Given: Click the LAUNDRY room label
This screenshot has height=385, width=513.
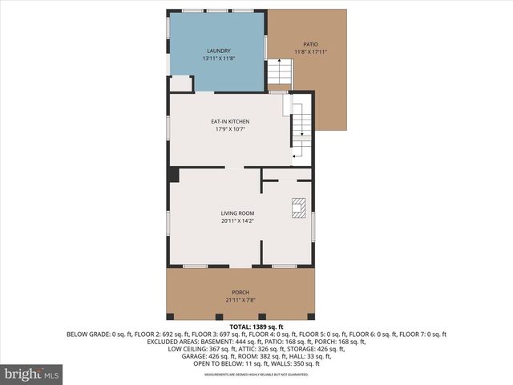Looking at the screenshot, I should [216, 51].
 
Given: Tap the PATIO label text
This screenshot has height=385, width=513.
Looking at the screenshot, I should [310, 44].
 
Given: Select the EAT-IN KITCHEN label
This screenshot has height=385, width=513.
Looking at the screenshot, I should [230, 121].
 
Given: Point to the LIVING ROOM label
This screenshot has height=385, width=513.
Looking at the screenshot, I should [238, 213].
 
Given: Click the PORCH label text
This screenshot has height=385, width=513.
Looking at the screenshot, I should [240, 292].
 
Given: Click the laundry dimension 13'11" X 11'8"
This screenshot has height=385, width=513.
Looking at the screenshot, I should [216, 59].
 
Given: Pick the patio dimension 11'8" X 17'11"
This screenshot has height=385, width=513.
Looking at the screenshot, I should [310, 52].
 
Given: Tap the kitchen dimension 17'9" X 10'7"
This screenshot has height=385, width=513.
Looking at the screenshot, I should [230, 129].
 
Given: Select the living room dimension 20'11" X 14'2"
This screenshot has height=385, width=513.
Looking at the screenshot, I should [238, 221].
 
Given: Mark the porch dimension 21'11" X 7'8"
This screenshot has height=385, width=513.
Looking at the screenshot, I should [240, 300].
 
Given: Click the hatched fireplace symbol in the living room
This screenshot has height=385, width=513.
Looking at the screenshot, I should [298, 208].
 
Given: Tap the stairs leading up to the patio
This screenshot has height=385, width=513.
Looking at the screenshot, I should [278, 74].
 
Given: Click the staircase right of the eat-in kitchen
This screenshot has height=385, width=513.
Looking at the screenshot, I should [301, 128].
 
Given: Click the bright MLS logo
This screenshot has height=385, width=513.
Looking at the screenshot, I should [32, 374].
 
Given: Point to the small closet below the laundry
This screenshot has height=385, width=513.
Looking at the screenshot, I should [180, 83].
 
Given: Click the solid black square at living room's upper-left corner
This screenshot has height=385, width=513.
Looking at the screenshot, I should [173, 175].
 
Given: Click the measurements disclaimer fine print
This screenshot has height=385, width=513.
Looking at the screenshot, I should [256, 375].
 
